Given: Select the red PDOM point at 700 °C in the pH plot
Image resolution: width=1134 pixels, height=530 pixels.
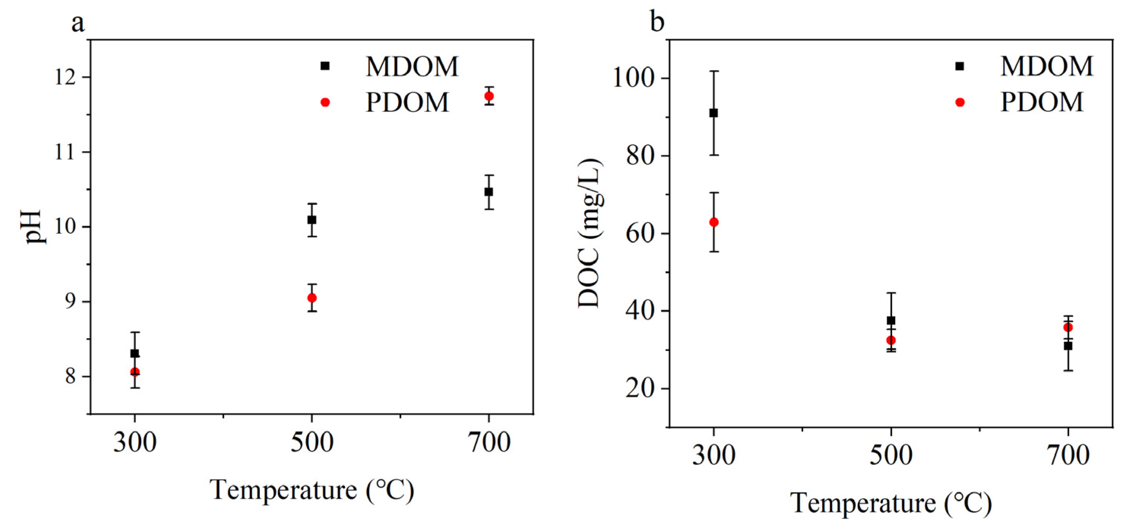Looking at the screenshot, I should pyautogui.click(x=489, y=96).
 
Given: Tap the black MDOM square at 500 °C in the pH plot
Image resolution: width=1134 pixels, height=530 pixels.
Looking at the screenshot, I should pyautogui.click(x=312, y=220).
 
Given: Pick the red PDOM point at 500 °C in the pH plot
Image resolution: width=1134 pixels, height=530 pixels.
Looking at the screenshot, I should pyautogui.click(x=312, y=298).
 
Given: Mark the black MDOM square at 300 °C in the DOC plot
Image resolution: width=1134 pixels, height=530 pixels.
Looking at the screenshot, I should pyautogui.click(x=714, y=113).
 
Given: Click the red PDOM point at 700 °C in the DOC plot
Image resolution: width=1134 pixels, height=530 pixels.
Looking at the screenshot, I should pyautogui.click(x=1068, y=327).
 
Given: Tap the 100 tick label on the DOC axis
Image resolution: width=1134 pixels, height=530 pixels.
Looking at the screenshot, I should pyautogui.click(x=633, y=78).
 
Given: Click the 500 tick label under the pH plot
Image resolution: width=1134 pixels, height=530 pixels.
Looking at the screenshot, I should pyautogui.click(x=312, y=442).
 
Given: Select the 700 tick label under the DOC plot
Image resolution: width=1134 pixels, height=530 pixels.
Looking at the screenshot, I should pyautogui.click(x=1068, y=455).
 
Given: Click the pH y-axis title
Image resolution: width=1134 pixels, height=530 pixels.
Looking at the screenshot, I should pyautogui.click(x=34, y=226).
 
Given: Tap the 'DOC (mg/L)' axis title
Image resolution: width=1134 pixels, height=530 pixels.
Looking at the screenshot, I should pyautogui.click(x=589, y=234).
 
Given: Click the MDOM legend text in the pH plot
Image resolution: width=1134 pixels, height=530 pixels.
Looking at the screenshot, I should pyautogui.click(x=412, y=66).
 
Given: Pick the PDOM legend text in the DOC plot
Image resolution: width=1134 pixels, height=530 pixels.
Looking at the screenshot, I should pyautogui.click(x=1042, y=102).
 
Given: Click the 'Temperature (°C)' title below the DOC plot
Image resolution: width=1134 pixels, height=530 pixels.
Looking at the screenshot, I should pyautogui.click(x=891, y=503).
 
